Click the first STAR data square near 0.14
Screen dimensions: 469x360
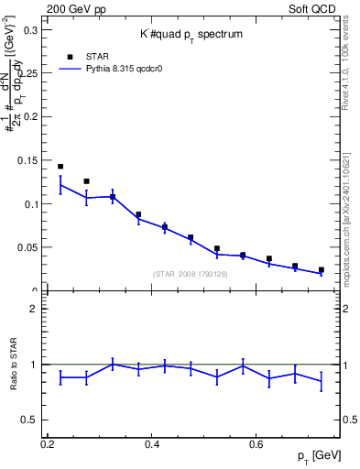point(60,167)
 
